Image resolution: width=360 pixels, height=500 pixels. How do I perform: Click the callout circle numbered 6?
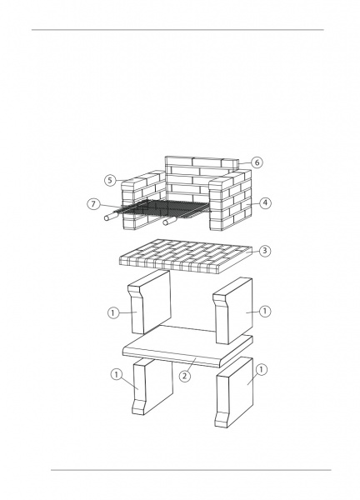257,162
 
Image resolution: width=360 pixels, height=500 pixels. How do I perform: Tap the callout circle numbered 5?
110,181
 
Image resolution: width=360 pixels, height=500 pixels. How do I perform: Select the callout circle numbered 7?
93,204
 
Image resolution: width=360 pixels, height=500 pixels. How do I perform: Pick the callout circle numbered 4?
265,202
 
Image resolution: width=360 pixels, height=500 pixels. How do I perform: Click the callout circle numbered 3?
265,251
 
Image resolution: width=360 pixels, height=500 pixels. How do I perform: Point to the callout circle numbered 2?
185,376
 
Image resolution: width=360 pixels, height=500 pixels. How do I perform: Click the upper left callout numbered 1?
113,312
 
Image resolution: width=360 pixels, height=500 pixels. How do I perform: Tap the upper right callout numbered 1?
265,311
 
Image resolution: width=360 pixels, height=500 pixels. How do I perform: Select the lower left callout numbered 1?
117,374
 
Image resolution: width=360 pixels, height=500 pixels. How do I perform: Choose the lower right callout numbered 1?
262,370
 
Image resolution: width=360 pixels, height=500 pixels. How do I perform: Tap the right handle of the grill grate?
170,221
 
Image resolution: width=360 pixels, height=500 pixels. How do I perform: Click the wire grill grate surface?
162,208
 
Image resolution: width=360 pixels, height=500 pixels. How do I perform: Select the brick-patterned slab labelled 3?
185,257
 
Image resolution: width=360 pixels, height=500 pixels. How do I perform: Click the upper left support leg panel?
150,302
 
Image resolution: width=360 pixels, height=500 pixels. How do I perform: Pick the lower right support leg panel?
234,392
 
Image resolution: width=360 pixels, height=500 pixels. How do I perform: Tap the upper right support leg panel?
233,311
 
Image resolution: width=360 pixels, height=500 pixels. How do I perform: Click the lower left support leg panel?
152,386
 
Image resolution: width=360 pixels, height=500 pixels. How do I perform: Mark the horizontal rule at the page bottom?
191,470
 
